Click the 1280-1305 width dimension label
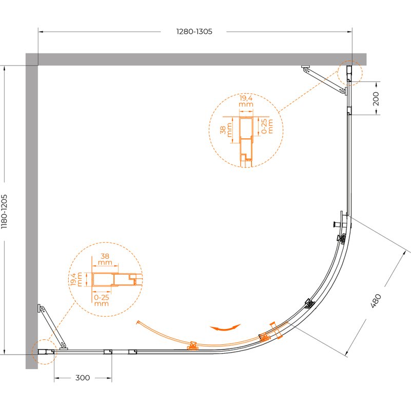pyautogui.click(x=194, y=32)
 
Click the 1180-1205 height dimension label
pyautogui.click(x=5, y=212)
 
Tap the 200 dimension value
pyautogui.click(x=376, y=98)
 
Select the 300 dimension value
pyautogui.click(x=83, y=378)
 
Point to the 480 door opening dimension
pyautogui.click(x=376, y=301)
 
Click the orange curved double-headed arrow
pyautogui.click(x=225, y=327)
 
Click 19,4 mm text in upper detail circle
pyautogui.click(x=246, y=101)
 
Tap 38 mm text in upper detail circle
pyautogui.click(x=226, y=130)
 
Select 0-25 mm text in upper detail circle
pyautogui.click(x=267, y=126)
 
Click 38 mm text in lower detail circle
pyautogui.click(x=105, y=259)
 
